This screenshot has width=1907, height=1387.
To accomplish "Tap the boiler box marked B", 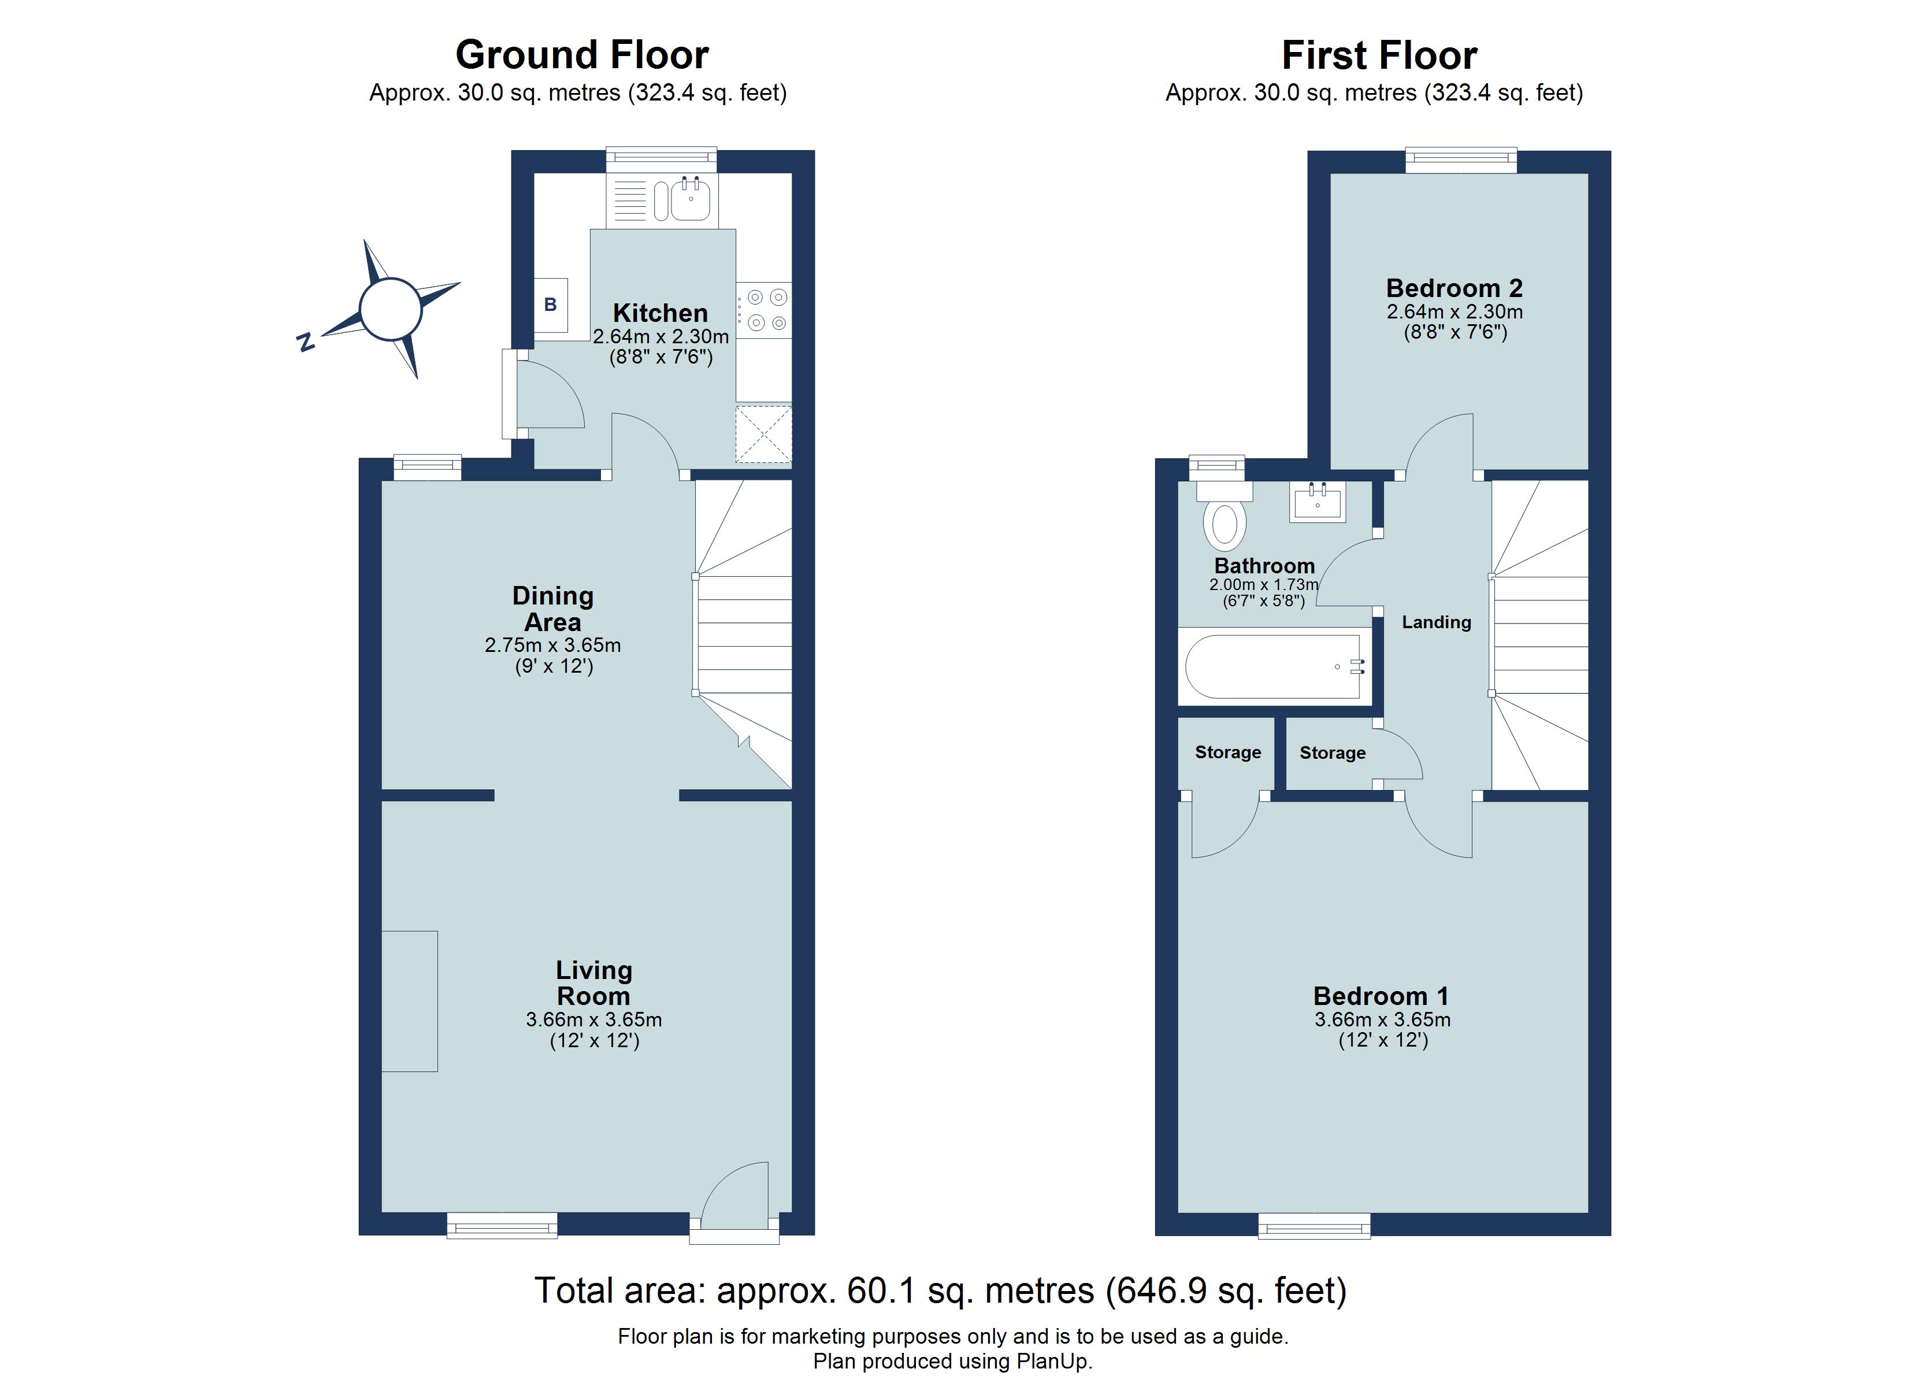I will click(x=551, y=305).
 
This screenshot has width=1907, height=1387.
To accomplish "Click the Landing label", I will click(x=1436, y=622).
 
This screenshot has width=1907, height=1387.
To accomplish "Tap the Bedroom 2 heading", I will click(x=1454, y=288).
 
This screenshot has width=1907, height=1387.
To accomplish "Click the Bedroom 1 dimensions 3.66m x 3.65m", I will click(x=1382, y=1020).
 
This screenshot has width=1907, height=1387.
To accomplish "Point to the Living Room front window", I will click(x=502, y=1226).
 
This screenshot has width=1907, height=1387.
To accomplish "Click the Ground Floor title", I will click(x=582, y=55).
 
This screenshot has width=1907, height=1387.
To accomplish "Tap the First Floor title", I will click(x=1379, y=55).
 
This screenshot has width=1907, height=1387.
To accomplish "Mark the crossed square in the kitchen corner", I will click(x=763, y=434).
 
